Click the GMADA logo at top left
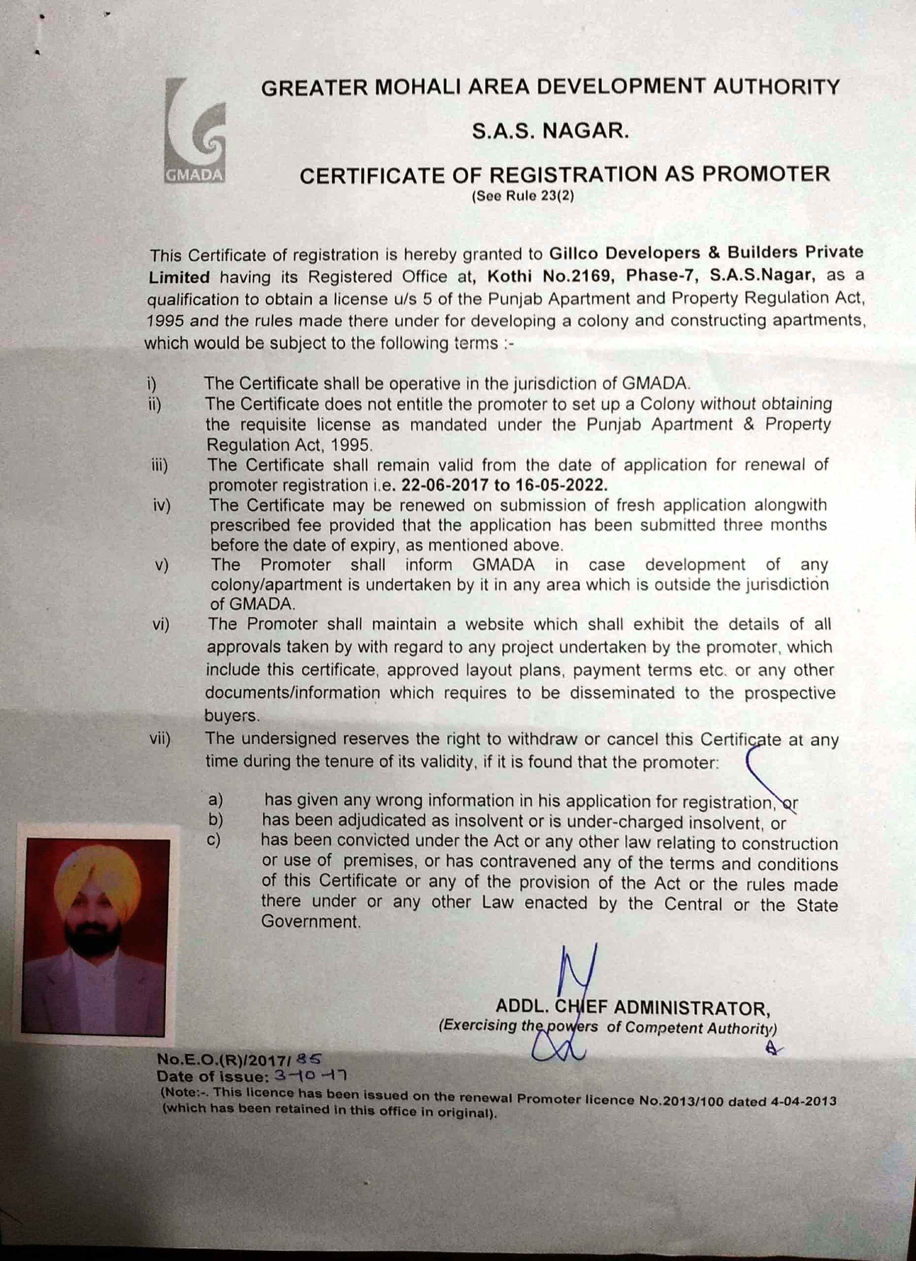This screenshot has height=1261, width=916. tap(195, 131)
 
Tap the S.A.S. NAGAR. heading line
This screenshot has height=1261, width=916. tap(550, 131)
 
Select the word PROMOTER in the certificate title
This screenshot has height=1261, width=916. tap(765, 174)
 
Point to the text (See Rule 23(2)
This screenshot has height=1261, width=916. tap(523, 196)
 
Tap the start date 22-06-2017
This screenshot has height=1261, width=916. tap(445, 485)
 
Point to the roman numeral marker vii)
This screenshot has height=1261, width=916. tap(160, 739)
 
